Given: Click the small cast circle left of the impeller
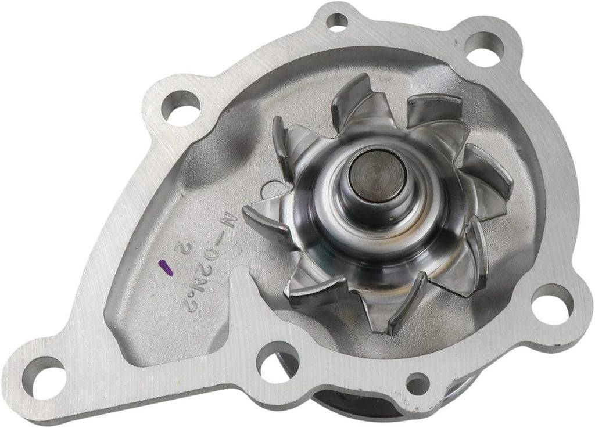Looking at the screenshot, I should point(271,189).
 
